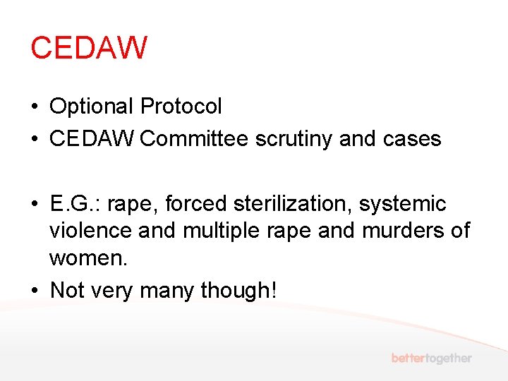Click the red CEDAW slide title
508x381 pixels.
tap(89, 48)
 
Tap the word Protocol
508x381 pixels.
tap(181, 107)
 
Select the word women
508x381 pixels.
tap(88, 258)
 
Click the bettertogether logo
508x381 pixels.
tap(432, 358)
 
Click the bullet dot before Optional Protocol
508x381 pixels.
tap(34, 107)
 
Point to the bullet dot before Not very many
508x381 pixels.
tap(34, 291)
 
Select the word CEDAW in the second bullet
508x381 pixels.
tap(92, 139)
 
